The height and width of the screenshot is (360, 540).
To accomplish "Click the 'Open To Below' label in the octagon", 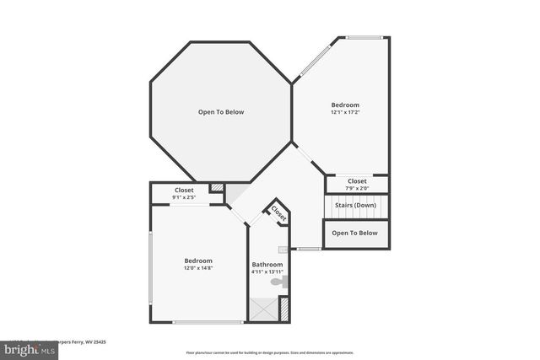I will tap(221, 111).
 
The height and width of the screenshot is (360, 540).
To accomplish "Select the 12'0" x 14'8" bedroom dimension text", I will tap(198, 268).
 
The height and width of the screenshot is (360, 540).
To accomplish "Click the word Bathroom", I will tap(267, 265).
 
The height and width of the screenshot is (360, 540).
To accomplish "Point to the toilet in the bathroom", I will tap(284, 282).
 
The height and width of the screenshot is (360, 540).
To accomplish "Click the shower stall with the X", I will tap(263, 309).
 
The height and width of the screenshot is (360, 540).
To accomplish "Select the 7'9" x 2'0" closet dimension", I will tap(357, 187).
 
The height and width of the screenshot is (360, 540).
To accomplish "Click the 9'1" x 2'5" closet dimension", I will tap(184, 197).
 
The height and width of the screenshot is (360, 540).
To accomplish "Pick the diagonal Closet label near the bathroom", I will tap(279, 213).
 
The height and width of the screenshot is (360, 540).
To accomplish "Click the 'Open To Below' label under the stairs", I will tap(354, 233).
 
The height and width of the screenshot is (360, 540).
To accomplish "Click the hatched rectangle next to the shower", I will tap(284, 309).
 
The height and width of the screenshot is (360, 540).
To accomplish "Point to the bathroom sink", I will tap(283, 250).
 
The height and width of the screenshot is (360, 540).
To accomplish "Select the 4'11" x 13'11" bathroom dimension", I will tap(267, 272).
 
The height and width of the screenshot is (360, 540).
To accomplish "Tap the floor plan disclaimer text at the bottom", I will tap(270, 352).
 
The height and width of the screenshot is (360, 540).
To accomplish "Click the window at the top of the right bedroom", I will tap(364, 37).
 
